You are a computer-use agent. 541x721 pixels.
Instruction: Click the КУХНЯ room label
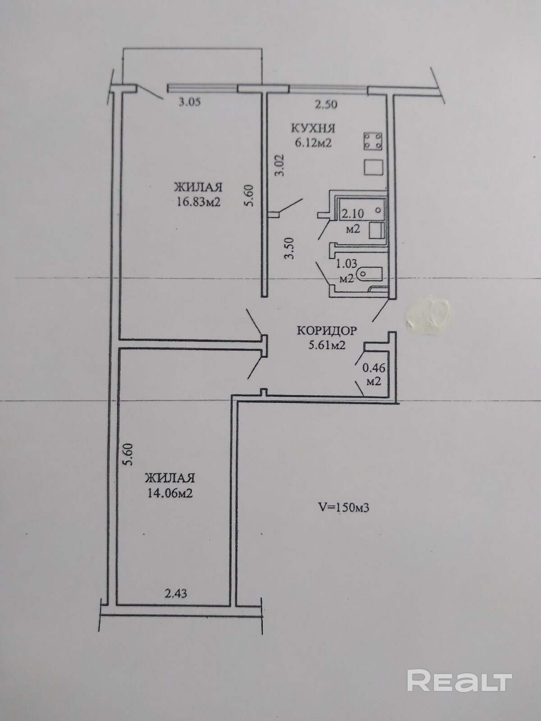(x=313, y=128)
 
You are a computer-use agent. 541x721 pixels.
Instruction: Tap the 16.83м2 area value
(x=198, y=201)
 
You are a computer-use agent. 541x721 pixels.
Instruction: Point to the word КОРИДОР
(x=326, y=330)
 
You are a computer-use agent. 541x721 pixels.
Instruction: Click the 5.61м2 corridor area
(x=326, y=345)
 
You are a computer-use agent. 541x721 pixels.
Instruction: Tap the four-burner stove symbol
(x=373, y=141)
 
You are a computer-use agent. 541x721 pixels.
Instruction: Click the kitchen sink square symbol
(x=373, y=167)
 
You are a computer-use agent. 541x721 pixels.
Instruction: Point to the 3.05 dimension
(x=189, y=102)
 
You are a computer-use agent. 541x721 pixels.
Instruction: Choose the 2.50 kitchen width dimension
(x=326, y=105)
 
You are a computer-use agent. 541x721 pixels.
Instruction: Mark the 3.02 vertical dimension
(x=280, y=165)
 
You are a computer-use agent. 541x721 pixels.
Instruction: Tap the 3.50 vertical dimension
(x=289, y=248)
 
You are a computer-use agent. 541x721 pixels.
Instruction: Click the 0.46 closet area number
(x=373, y=368)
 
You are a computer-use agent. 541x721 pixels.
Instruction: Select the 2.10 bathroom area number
(x=353, y=214)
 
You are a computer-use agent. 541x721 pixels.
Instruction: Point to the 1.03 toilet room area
(x=346, y=264)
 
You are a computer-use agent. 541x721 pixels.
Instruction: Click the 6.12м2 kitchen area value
(x=313, y=144)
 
